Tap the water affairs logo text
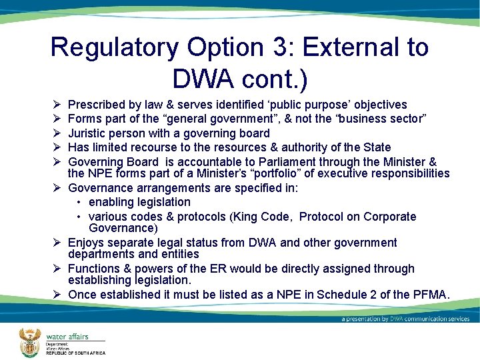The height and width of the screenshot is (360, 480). (67, 336)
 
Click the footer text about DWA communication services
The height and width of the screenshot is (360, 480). (405, 319)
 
